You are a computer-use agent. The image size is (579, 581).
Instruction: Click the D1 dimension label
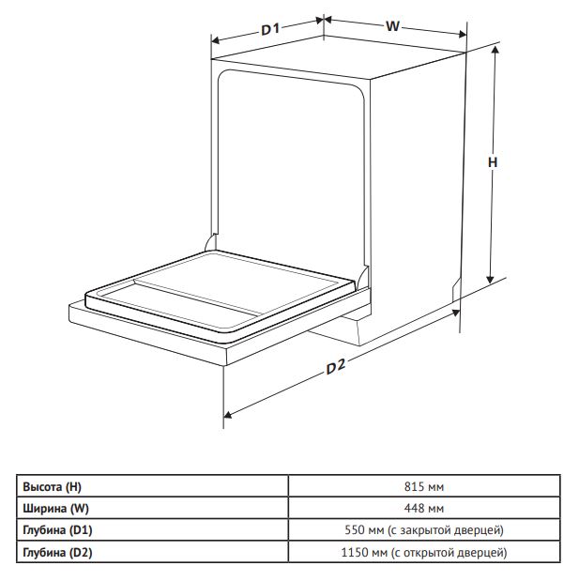point(270,29)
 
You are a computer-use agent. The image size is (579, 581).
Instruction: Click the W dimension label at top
point(392,26)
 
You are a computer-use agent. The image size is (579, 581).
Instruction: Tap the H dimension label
point(493,162)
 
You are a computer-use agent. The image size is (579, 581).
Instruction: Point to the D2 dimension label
point(336,366)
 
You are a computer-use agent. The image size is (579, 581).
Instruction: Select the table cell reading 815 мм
point(424,486)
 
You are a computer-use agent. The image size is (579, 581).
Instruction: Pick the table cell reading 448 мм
point(424,508)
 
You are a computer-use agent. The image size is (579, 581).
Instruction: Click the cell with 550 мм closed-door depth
point(424,530)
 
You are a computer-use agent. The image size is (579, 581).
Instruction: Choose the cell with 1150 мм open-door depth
point(424,553)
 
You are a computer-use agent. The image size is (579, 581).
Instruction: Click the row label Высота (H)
point(52,486)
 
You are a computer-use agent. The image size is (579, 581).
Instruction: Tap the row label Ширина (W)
point(56,508)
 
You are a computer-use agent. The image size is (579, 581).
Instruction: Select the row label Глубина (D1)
point(57,530)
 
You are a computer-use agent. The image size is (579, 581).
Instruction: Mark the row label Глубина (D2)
point(57,553)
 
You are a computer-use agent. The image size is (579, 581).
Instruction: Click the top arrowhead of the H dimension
point(495,50)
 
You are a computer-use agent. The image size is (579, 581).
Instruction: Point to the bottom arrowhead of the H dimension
point(490,280)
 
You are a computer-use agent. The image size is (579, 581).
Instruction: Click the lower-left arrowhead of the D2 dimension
point(228,415)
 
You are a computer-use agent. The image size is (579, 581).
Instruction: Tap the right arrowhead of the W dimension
point(462,35)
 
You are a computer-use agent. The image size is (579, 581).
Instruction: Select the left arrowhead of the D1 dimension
point(216,40)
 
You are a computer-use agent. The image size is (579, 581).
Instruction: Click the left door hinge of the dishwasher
point(210,243)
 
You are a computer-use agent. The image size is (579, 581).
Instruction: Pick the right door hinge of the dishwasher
point(363,276)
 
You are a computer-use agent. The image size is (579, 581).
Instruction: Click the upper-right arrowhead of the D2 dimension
point(455,313)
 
